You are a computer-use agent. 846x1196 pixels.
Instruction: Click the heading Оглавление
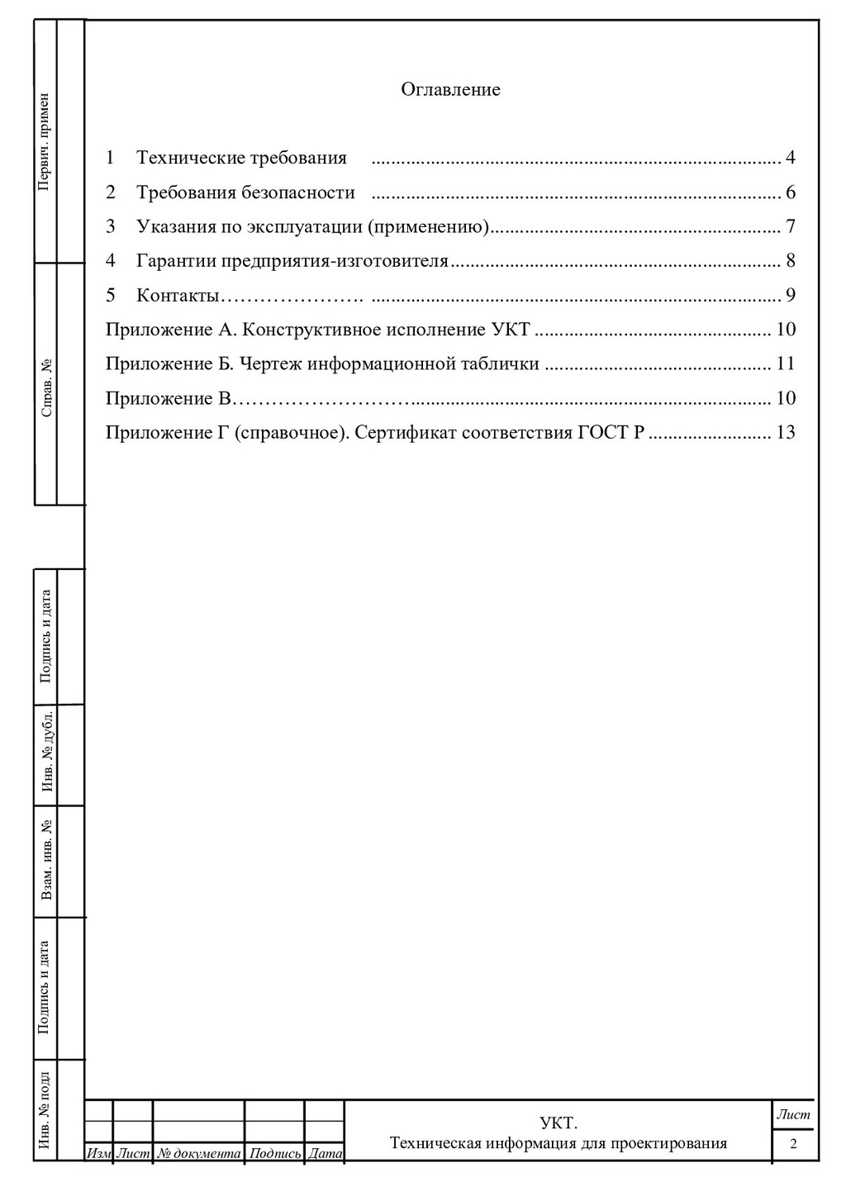tap(450, 89)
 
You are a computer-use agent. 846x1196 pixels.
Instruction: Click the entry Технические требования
tap(241, 158)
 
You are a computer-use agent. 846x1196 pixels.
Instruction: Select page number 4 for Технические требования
tap(791, 158)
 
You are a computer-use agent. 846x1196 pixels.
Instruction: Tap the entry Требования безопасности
tap(245, 192)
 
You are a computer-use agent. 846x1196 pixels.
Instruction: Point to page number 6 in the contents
tap(791, 192)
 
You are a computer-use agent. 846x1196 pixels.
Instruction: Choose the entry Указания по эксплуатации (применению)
tap(313, 226)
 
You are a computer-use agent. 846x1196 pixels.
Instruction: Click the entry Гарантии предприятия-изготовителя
tap(292, 261)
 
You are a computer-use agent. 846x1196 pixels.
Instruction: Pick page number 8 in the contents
tap(791, 261)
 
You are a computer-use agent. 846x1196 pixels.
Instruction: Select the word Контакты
tap(178, 295)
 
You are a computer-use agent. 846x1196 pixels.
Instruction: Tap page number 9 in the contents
tap(791, 295)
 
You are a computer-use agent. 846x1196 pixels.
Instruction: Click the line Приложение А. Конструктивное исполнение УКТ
tap(317, 330)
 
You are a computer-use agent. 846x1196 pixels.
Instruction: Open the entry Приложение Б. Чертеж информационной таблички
tap(322, 363)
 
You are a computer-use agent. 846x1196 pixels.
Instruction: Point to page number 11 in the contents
tap(786, 363)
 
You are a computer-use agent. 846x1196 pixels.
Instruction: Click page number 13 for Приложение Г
tap(786, 432)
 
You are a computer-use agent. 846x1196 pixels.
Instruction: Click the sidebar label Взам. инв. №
tap(47, 860)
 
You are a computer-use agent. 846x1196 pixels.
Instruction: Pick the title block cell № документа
tap(199, 1153)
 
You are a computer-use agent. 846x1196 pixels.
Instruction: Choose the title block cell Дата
tap(325, 1153)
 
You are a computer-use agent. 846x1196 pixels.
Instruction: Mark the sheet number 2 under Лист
tap(793, 1144)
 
